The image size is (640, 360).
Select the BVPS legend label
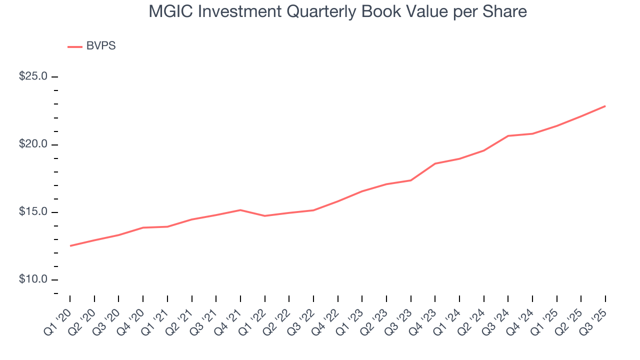(100, 46)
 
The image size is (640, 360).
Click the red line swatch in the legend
(75, 46)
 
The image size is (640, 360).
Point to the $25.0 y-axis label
(33, 76)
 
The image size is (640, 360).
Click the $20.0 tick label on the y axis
(33, 144)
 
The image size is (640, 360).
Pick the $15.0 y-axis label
(33, 212)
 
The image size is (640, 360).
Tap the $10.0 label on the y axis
(33, 279)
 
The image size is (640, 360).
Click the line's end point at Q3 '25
(605, 106)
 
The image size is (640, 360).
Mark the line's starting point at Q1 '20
(70, 245)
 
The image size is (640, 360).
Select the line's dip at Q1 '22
(264, 216)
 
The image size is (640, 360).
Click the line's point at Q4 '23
(435, 163)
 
